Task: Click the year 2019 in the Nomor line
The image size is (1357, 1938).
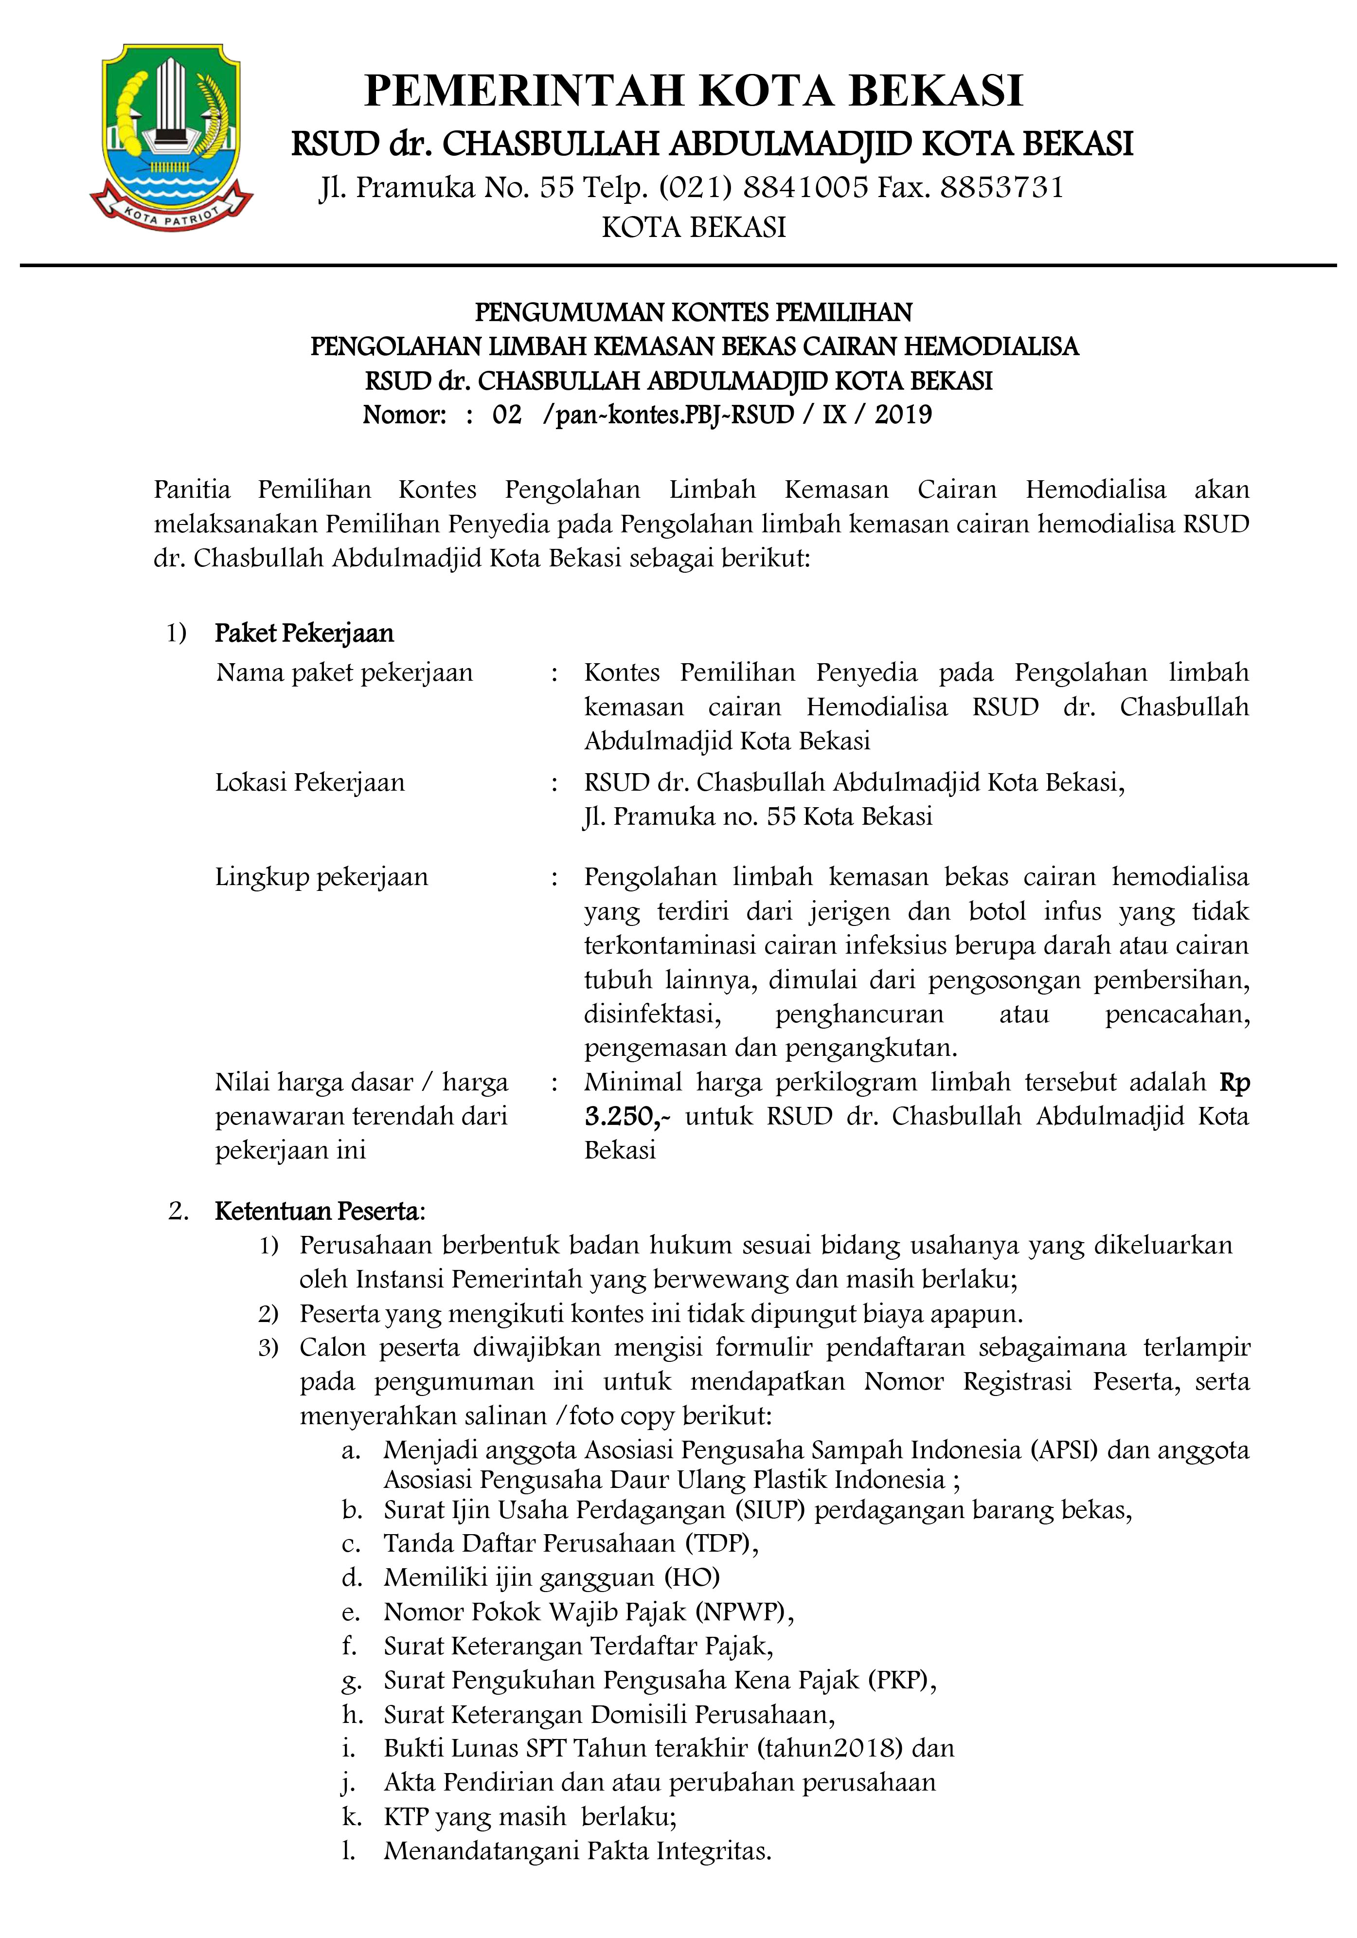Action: [903, 416]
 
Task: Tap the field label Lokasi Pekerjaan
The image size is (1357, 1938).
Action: [310, 782]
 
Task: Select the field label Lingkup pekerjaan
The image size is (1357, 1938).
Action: [321, 877]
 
